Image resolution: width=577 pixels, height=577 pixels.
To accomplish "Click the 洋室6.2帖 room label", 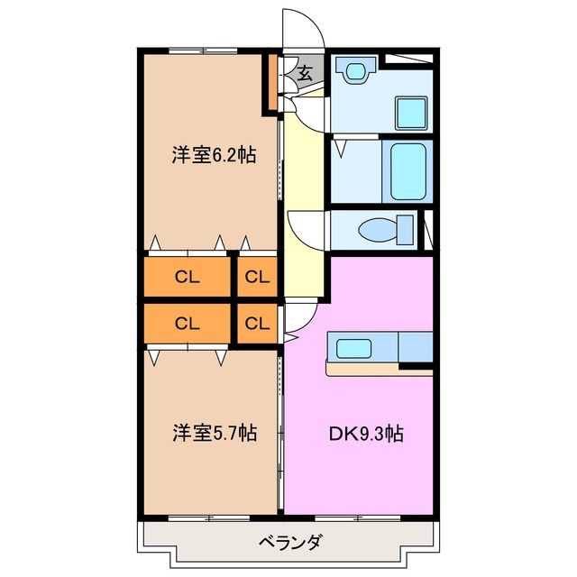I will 214,155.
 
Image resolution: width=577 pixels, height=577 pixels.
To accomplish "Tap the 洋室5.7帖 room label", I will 215,433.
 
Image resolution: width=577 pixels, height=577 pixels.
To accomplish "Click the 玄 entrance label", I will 305,74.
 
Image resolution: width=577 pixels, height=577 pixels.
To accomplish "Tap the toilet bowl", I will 373,231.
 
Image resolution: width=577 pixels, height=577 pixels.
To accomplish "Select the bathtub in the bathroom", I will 408,169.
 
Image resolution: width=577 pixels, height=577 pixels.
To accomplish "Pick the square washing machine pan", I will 414,113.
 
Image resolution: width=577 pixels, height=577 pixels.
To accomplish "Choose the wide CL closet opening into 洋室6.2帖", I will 187,277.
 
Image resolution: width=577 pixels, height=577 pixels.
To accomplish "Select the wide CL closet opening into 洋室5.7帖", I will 187,323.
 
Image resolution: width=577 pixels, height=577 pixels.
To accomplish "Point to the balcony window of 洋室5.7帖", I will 209,517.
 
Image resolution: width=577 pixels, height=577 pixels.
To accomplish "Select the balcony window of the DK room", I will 361,517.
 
